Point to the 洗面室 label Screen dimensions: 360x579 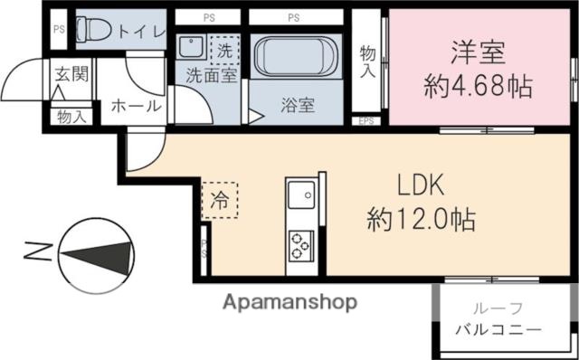point(212,77)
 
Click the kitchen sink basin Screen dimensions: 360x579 point(300,194)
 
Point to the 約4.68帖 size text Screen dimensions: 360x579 point(477,88)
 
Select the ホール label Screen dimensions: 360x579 point(136,106)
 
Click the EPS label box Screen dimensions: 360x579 point(365,119)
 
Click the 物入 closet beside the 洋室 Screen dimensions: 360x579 point(366,62)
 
